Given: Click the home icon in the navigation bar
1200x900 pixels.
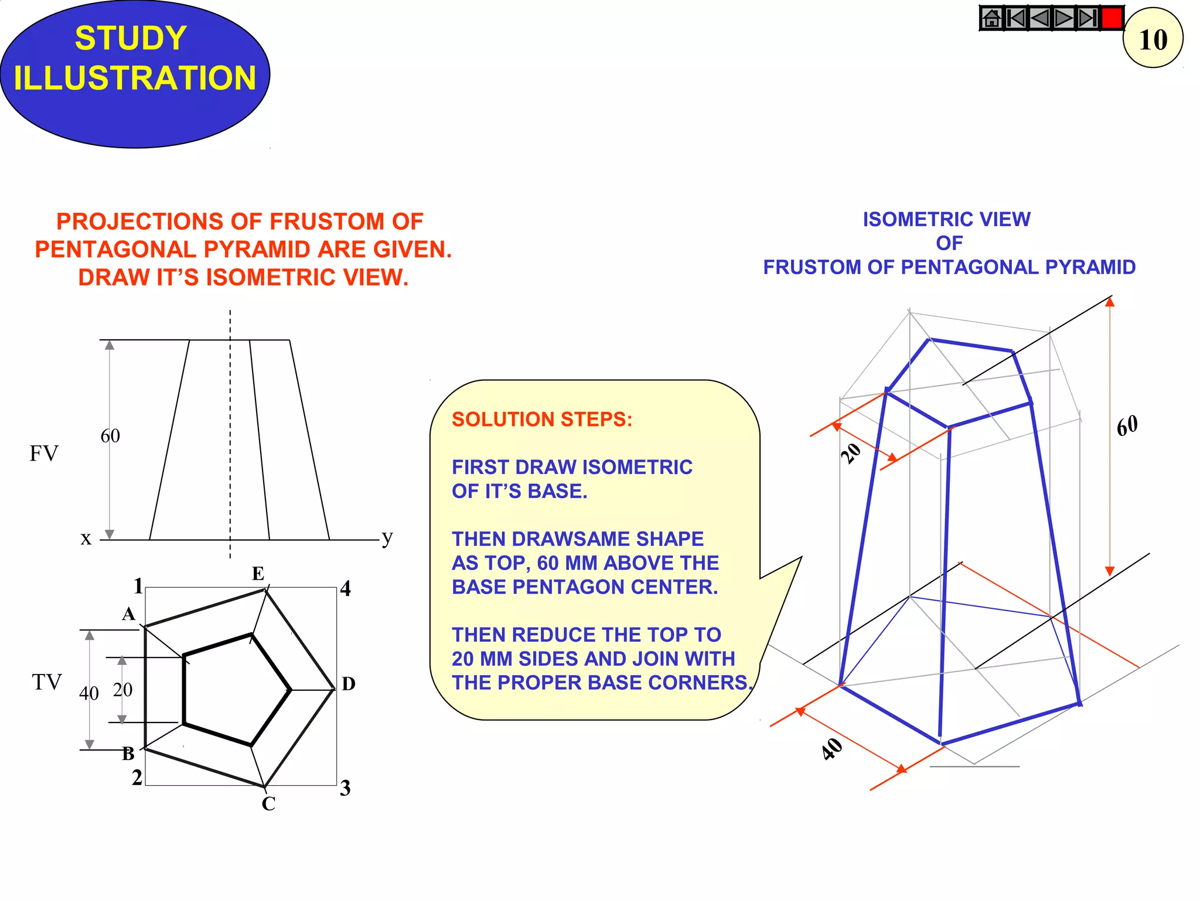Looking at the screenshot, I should [x=991, y=18].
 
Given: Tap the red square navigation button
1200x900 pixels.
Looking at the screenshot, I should [x=1112, y=18].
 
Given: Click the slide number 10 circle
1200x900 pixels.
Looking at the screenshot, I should [x=1153, y=39].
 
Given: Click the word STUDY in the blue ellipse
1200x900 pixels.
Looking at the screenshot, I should [x=131, y=39].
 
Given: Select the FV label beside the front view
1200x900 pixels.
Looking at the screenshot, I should [x=44, y=454].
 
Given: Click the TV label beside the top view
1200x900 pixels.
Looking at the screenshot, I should [x=46, y=683].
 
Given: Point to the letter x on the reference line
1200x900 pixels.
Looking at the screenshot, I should [x=86, y=538].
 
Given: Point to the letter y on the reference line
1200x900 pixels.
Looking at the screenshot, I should [x=387, y=537].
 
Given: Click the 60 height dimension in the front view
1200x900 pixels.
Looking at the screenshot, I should [x=110, y=436].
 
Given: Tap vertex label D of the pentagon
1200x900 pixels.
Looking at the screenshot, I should [x=348, y=684].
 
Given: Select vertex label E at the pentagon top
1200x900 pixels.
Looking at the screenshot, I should [x=258, y=574].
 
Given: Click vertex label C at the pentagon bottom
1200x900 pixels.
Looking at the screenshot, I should [x=268, y=804].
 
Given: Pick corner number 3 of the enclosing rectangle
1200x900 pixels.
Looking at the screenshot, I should [x=345, y=788].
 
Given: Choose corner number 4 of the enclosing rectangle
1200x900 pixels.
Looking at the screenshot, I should [x=345, y=588].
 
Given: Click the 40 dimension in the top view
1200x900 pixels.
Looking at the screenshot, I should [x=89, y=694].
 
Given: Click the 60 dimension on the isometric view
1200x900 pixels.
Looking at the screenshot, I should [x=1127, y=426].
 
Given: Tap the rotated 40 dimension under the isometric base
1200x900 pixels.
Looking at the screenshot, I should [x=832, y=749].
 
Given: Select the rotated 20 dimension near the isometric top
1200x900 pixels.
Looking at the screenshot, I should [x=851, y=453].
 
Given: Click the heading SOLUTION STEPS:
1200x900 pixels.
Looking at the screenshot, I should [x=542, y=420].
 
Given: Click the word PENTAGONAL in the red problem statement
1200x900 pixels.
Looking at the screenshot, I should [x=124, y=250].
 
